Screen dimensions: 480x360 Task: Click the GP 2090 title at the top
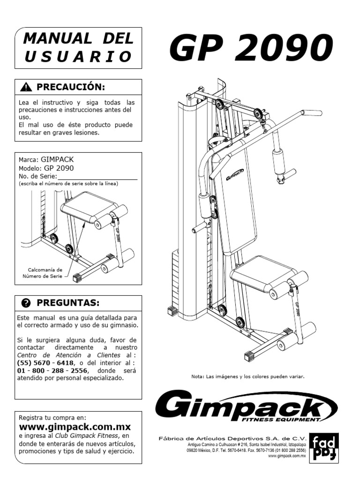tap(251, 48)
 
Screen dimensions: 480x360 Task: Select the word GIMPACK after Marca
tap(57, 159)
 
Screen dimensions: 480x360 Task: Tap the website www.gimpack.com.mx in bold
tap(75, 427)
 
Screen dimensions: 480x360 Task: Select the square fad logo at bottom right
tap(323, 448)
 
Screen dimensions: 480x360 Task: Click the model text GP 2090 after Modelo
tap(59, 168)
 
